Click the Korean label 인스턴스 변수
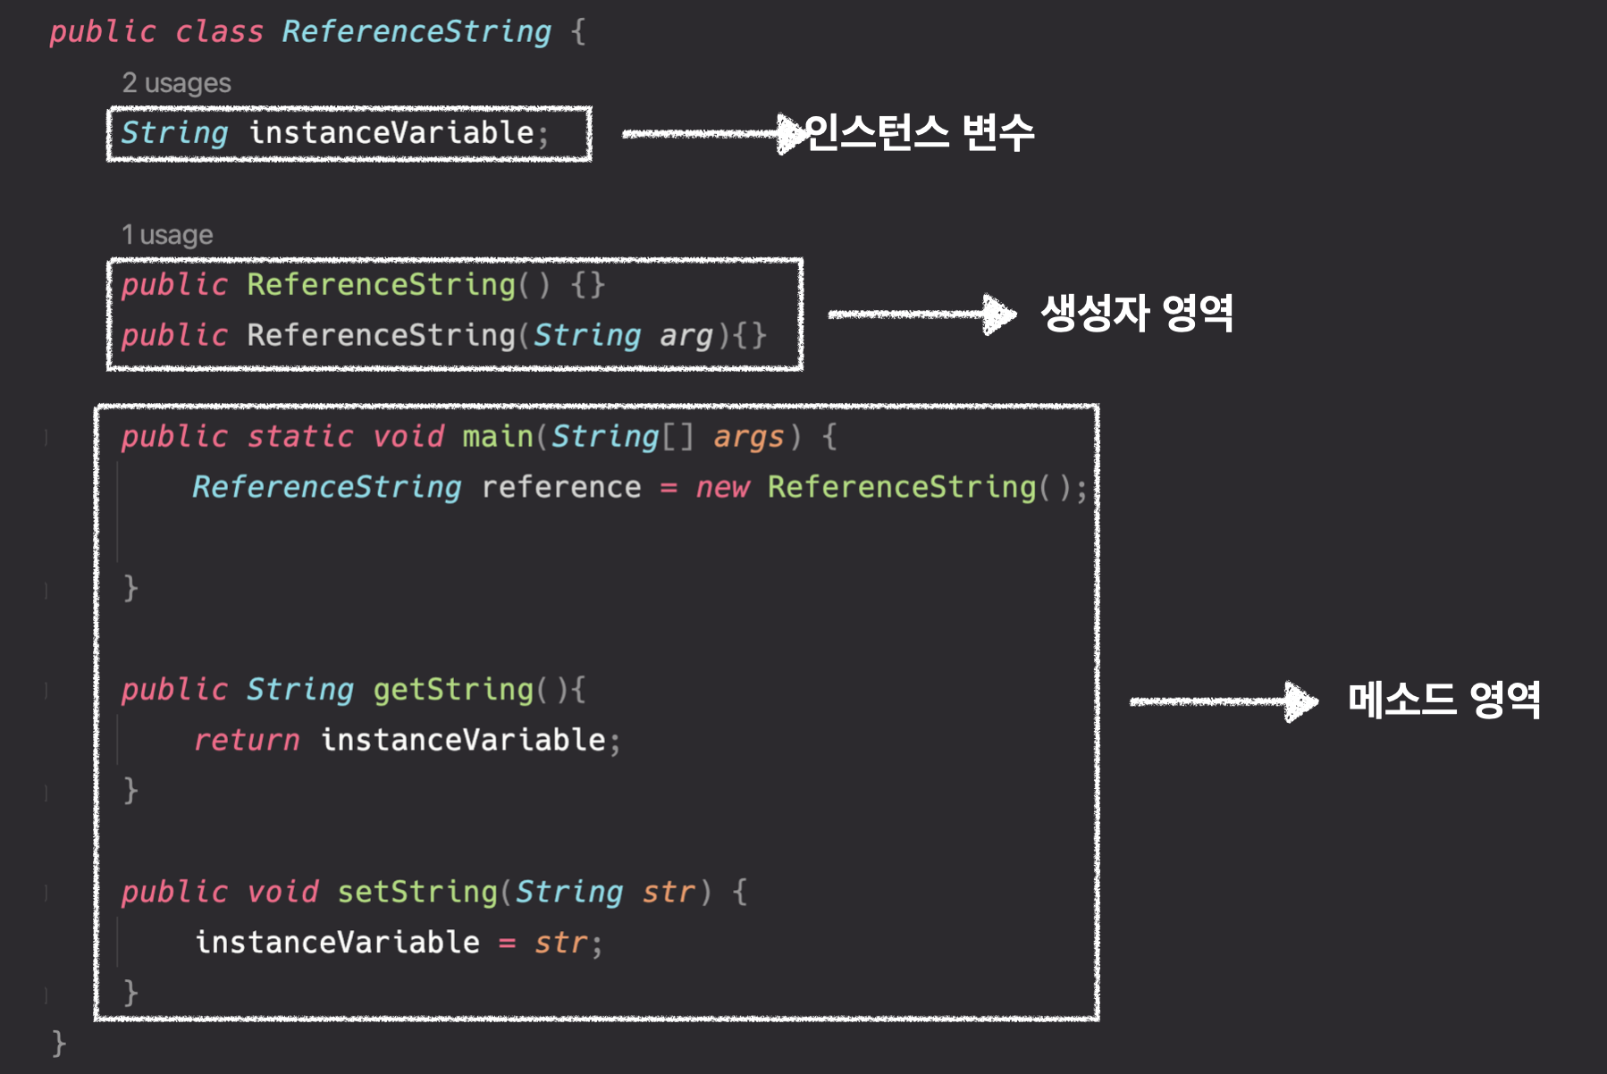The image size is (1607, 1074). tap(919, 132)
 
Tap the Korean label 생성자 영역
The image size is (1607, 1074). tap(1137, 313)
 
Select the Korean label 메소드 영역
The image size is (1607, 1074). tap(1443, 700)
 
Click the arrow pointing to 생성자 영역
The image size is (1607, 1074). tap(921, 314)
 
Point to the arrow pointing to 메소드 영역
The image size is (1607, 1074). tap(1223, 701)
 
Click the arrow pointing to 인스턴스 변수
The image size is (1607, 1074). tap(711, 134)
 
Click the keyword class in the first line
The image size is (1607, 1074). tap(219, 32)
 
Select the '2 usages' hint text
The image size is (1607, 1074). tap(176, 83)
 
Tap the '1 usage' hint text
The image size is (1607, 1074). tap(167, 235)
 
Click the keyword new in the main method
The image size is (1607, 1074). tap(722, 487)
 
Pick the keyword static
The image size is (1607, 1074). tap(299, 436)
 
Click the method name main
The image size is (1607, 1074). tap(497, 436)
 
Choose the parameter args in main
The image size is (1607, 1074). tap(748, 437)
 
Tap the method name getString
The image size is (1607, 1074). tap(452, 690)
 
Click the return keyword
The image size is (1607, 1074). tap(247, 740)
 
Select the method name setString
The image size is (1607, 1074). tap(416, 892)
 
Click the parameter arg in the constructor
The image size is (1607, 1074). tap(686, 336)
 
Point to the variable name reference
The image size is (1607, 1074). tap(560, 487)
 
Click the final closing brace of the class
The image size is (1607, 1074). tap(59, 1043)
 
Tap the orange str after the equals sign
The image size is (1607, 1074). tap(560, 943)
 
